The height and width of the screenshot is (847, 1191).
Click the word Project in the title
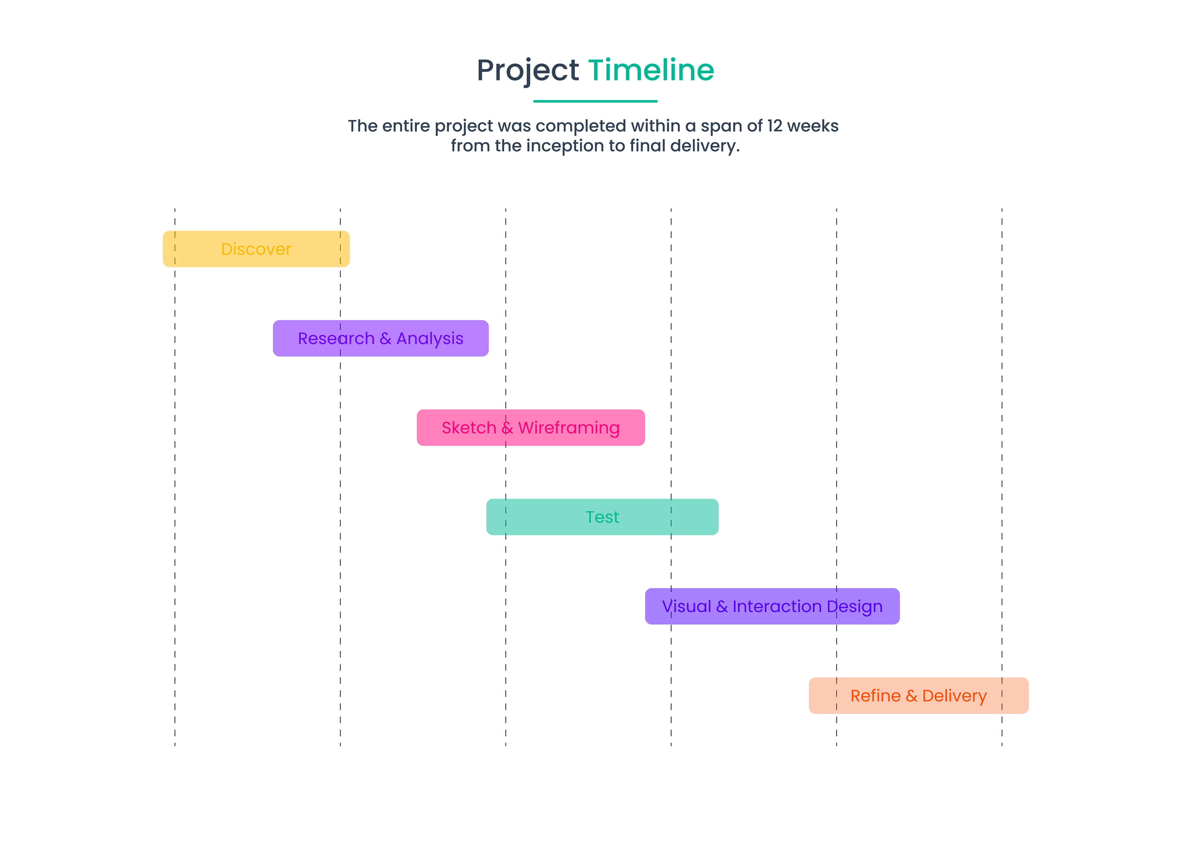click(528, 71)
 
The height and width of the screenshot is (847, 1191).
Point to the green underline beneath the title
click(595, 101)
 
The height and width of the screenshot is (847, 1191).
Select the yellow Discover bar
click(256, 249)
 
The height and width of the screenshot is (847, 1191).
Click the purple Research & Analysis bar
click(381, 338)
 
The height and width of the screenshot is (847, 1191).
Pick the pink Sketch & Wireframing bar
click(531, 428)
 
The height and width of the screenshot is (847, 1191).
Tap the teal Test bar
click(602, 517)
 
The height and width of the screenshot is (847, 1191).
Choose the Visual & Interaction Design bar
click(772, 606)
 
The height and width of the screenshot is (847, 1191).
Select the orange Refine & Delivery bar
click(919, 696)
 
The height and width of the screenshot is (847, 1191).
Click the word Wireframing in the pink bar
click(569, 428)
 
